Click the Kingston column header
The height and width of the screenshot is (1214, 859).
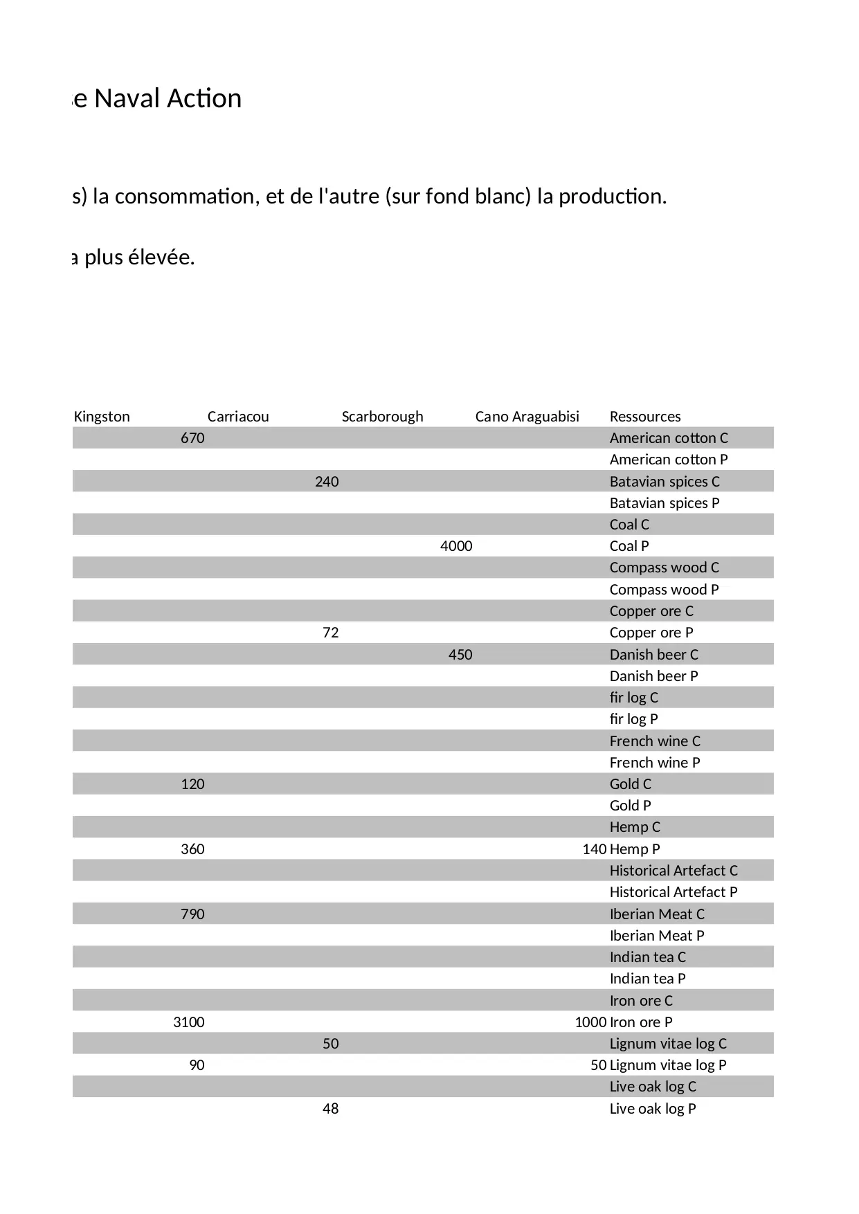point(102,417)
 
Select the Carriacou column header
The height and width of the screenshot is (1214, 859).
point(238,417)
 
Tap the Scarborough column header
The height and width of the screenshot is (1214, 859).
point(382,417)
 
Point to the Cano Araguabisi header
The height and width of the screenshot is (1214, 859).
point(527,417)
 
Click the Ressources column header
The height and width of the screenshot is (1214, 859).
point(644,417)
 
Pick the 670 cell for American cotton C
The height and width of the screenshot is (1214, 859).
point(192,438)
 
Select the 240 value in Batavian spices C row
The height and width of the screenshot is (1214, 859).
point(327,482)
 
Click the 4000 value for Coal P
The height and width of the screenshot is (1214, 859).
point(456,546)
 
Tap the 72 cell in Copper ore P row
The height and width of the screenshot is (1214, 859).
point(331,633)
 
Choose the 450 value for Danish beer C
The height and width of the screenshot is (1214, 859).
point(460,655)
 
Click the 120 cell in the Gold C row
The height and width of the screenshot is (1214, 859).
point(192,784)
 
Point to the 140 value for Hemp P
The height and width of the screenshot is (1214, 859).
point(594,849)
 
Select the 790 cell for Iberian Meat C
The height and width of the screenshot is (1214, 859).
point(192,914)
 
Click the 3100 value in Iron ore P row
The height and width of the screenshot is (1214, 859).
point(189,1022)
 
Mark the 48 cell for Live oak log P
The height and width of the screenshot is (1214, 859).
point(331,1109)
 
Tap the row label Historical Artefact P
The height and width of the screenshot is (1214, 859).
point(673,892)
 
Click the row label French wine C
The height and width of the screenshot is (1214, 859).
point(654,741)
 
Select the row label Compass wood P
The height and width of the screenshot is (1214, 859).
point(664,590)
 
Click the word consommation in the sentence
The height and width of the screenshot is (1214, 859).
point(186,197)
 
